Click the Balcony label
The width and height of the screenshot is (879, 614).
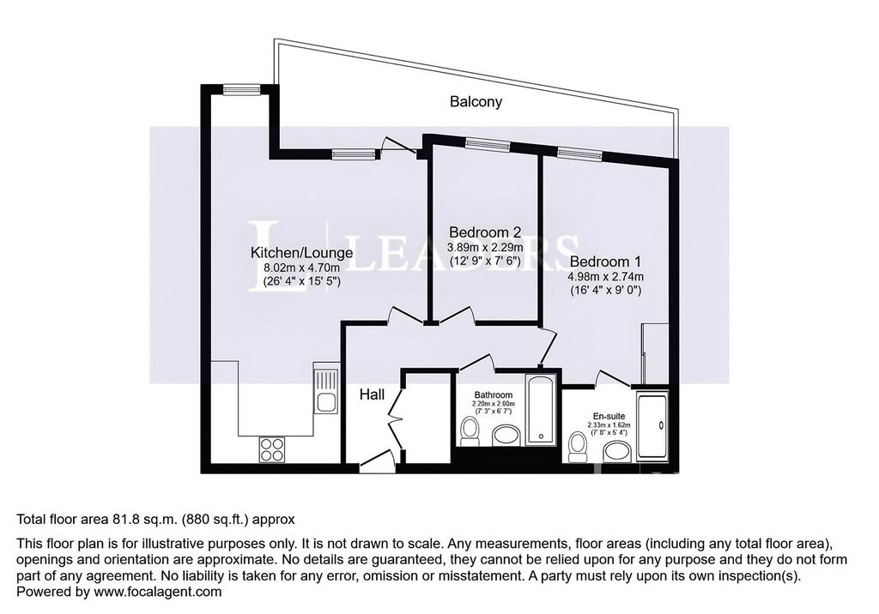476,102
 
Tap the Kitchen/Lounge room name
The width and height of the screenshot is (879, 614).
301,253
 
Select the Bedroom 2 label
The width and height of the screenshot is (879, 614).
486,232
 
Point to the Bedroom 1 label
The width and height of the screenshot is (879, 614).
605,262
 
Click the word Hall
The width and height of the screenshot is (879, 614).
373,395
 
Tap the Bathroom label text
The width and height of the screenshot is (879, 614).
494,394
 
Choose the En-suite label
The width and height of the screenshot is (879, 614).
609,416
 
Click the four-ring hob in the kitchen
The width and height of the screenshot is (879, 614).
272,449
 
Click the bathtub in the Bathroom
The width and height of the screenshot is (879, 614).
541,410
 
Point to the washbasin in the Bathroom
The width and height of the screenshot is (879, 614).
506,436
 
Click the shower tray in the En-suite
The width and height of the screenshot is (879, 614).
652,427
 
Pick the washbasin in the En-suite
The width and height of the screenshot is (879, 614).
617,452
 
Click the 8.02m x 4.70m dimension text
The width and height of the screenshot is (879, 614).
301,268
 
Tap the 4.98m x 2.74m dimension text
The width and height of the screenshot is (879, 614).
605,276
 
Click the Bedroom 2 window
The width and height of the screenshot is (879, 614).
488,145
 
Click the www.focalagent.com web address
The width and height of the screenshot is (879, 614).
158,592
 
